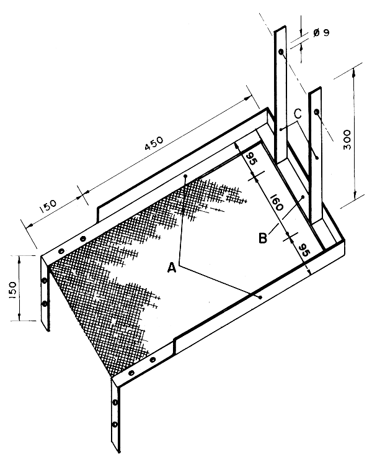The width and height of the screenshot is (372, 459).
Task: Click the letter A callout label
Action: (172, 268)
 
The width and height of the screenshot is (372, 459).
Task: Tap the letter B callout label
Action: (263, 238)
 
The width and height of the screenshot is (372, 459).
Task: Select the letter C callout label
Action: (298, 114)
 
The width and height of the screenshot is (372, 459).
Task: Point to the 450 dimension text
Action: (154, 143)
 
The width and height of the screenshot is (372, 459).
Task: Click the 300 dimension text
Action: (347, 139)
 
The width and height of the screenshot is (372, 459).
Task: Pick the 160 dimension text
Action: (277, 203)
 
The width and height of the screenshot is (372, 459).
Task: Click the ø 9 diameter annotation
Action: (321, 32)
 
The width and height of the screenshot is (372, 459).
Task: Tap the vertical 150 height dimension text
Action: (12, 290)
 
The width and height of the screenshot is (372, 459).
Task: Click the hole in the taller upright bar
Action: (281, 52)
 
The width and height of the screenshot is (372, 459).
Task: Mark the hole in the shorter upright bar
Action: (316, 112)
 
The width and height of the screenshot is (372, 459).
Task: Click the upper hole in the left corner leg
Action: (44, 281)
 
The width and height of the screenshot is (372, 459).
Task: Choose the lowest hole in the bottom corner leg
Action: (115, 424)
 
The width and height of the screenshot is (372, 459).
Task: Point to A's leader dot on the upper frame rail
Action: (185, 176)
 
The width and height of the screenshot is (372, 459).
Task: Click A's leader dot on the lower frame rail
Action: (260, 297)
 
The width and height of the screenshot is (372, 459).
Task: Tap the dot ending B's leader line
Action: (303, 197)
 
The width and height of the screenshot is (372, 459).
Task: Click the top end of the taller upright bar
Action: (280, 29)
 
